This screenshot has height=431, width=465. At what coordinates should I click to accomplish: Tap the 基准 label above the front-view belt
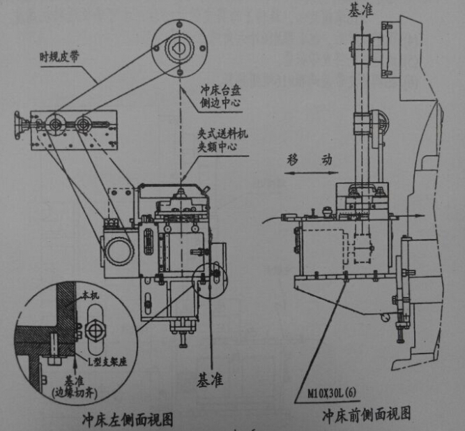[363, 10]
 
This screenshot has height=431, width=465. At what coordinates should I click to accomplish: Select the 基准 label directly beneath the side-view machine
[208, 381]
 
